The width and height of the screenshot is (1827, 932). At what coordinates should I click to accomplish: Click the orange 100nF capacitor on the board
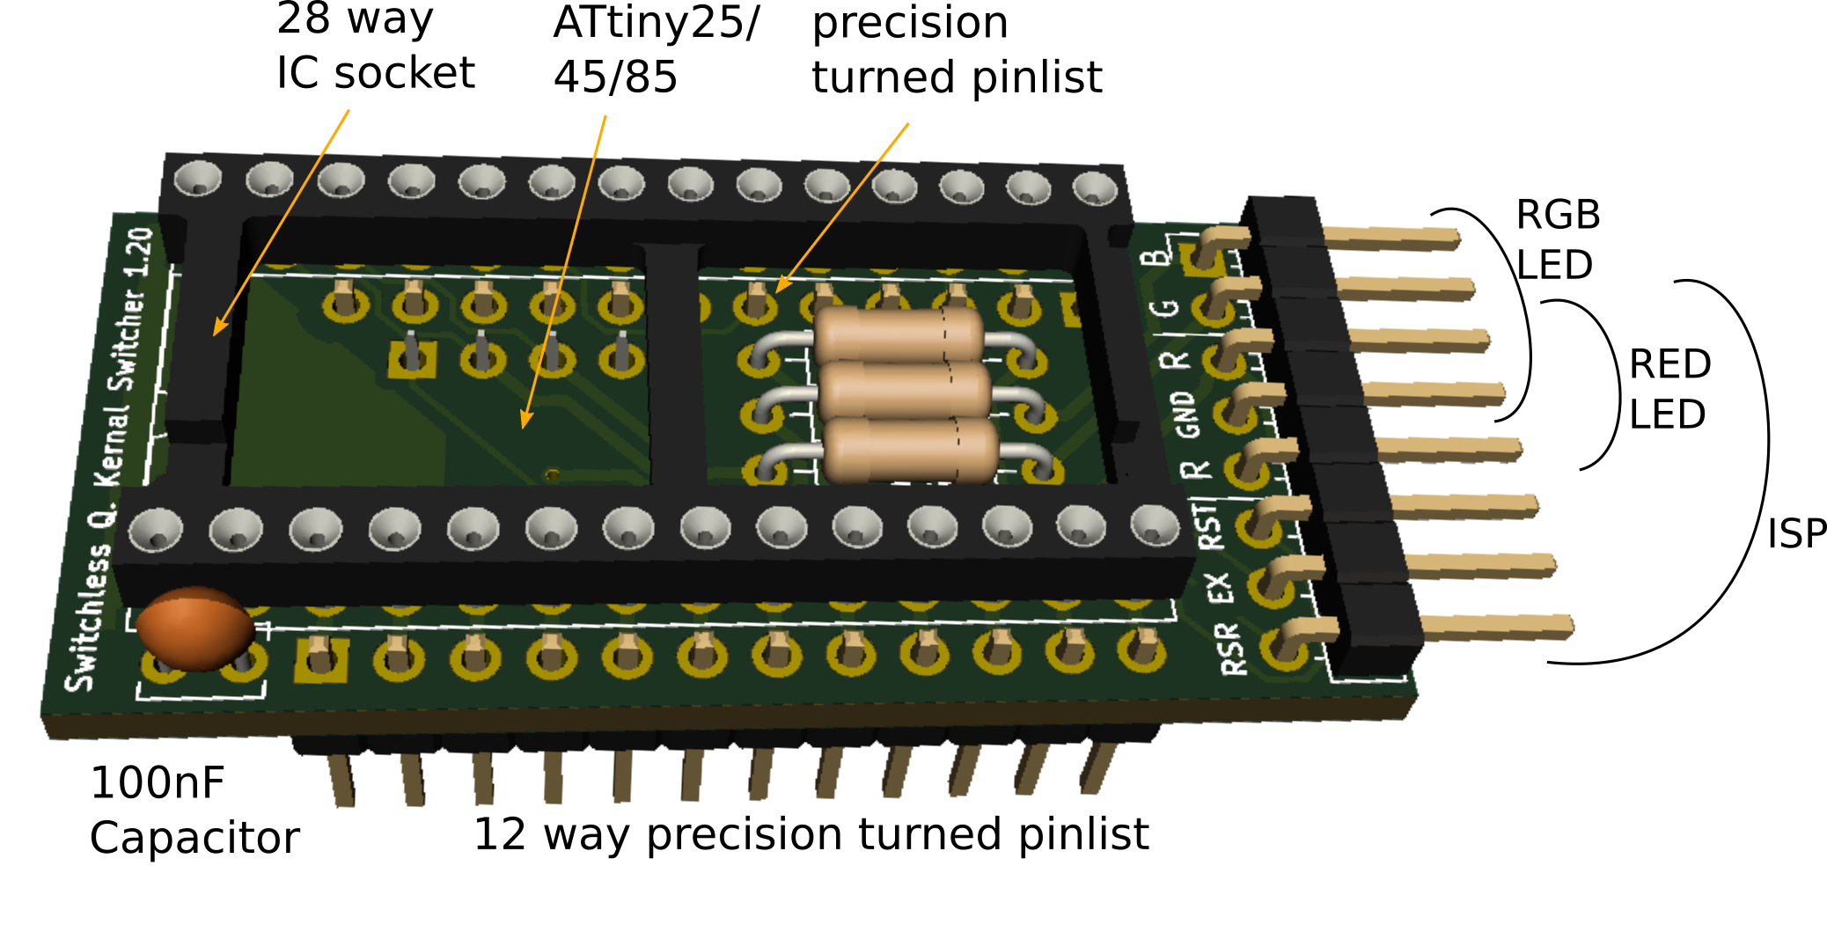coord(195,628)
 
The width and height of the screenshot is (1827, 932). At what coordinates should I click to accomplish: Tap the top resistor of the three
coord(898,335)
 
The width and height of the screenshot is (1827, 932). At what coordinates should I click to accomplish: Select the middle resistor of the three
coord(905,391)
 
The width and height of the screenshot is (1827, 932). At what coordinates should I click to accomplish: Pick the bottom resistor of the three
coord(912,450)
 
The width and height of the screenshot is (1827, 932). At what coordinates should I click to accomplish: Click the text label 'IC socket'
coord(376,73)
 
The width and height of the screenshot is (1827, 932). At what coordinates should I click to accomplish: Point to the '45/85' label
coord(615,77)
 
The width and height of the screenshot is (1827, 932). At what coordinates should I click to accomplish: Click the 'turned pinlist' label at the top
coord(957,77)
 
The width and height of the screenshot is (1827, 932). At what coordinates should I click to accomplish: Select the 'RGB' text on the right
coord(1558,215)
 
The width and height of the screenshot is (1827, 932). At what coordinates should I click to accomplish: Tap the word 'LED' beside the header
coord(1554,265)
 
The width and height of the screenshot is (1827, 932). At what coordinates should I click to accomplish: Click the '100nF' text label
coord(158,782)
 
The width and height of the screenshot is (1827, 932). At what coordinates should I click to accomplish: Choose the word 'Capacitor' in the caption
coord(194,838)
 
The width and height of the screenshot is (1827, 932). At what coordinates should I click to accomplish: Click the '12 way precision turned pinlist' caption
coord(811,834)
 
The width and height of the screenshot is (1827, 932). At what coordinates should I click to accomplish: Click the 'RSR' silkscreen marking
coord(1233,649)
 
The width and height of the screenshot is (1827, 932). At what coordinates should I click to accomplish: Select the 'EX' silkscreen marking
coord(1219,587)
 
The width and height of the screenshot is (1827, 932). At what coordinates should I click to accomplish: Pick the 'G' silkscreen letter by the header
coord(1166,308)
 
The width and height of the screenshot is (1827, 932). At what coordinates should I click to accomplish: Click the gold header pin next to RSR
coord(1496,627)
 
